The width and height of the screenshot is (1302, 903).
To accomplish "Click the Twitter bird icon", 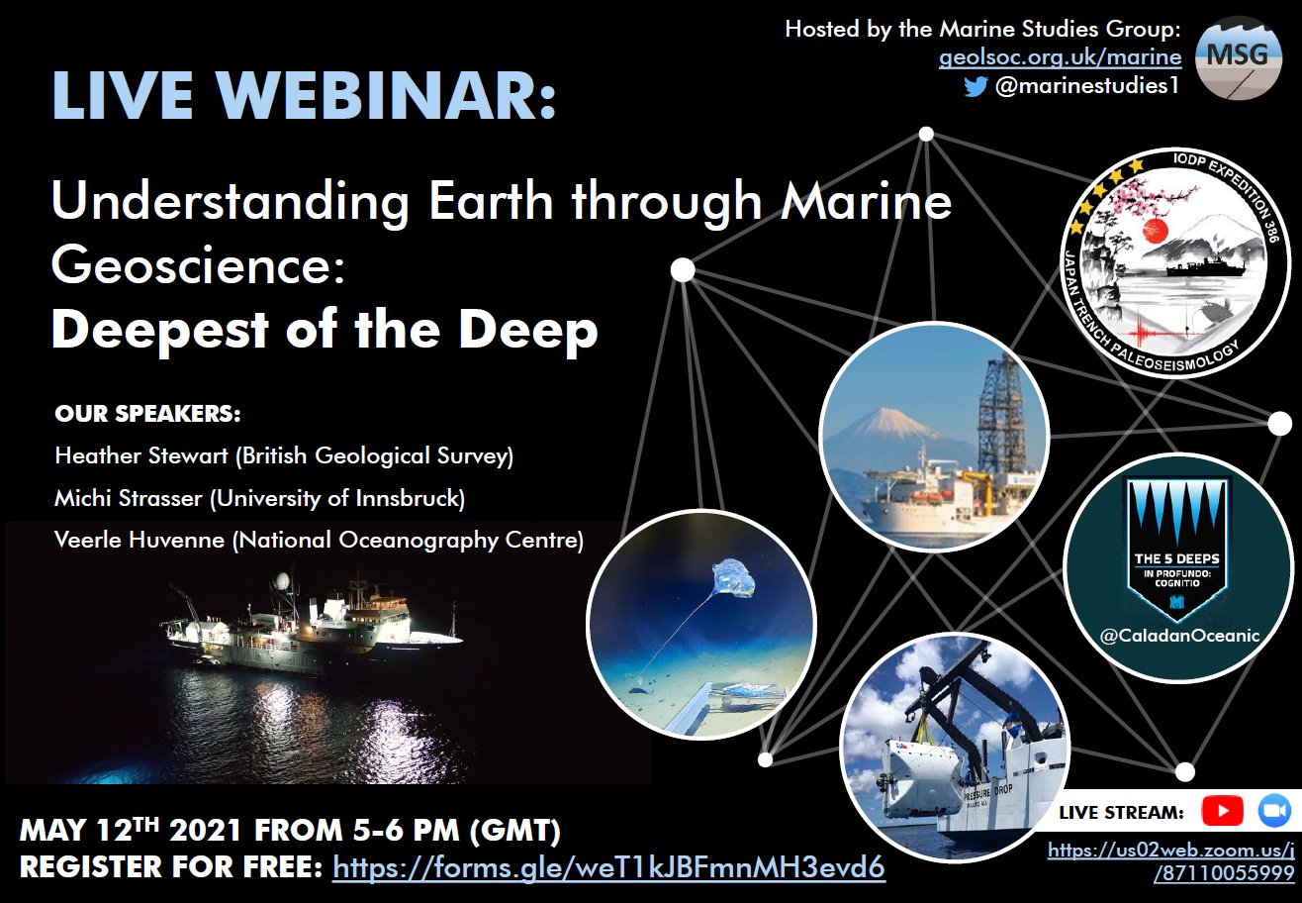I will (976, 86).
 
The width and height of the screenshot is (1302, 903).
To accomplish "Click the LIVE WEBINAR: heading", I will (304, 97).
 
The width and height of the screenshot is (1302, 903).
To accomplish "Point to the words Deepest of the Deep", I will (325, 331).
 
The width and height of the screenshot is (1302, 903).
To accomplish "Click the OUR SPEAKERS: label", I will (148, 413).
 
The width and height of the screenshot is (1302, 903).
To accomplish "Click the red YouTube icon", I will (1222, 812).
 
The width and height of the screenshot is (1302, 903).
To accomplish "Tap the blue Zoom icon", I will (1273, 812).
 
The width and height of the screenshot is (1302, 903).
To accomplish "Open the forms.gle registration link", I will (608, 868).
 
